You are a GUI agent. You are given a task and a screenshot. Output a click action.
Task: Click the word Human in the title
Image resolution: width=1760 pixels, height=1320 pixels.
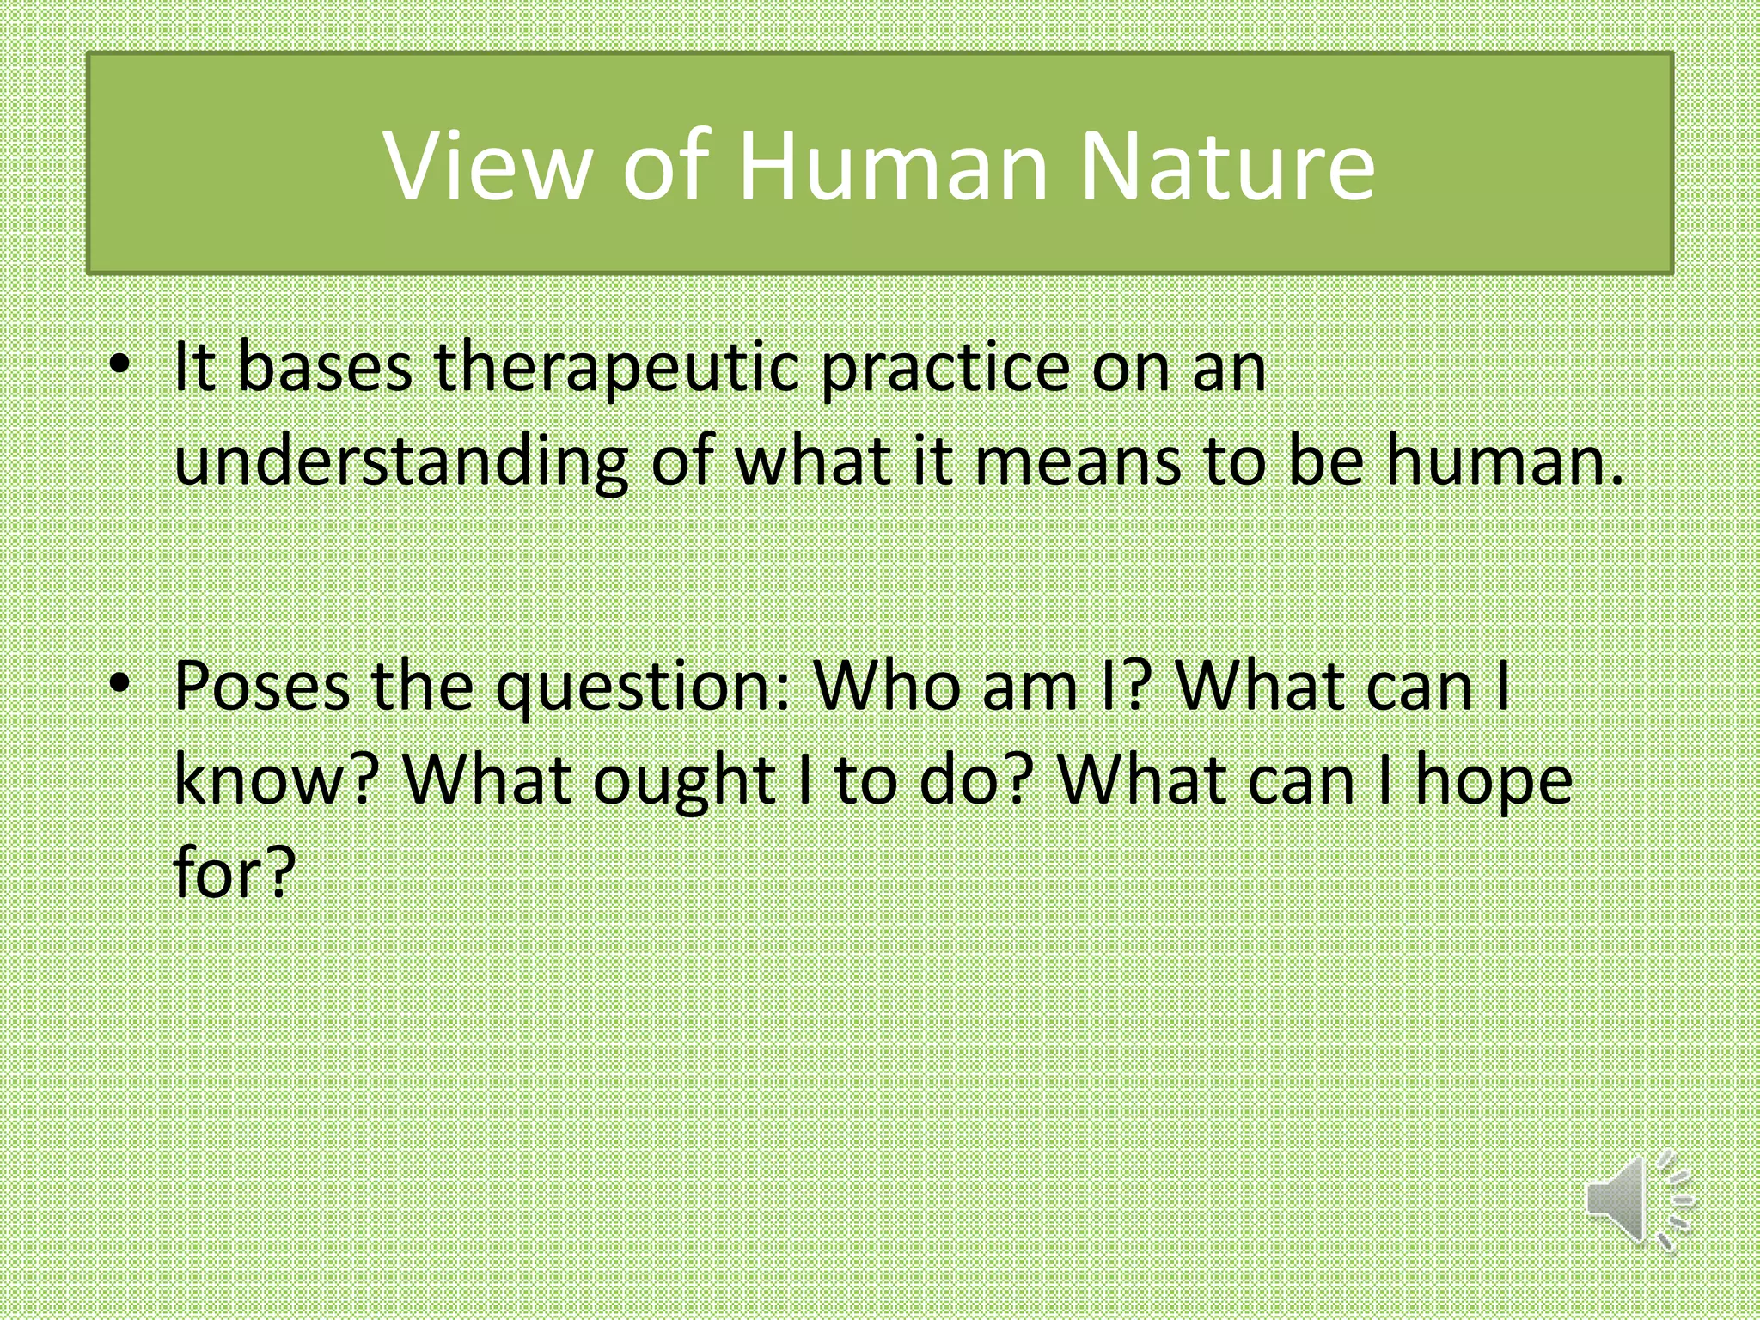[x=892, y=165]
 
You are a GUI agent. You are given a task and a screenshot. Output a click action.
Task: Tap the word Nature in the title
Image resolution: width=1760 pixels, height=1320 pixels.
[x=1226, y=165]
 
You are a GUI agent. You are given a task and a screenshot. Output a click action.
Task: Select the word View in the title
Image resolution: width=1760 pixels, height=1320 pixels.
[x=487, y=165]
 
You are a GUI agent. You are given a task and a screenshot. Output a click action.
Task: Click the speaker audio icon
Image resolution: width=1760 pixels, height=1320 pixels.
[x=1637, y=1200]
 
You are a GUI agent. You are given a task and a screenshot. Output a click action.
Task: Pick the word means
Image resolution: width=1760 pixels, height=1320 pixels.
[x=1078, y=461]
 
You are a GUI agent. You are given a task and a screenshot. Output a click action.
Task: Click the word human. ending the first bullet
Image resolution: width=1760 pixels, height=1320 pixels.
[x=1505, y=461]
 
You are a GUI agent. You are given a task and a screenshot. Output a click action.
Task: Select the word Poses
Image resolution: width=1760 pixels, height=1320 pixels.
[x=262, y=687]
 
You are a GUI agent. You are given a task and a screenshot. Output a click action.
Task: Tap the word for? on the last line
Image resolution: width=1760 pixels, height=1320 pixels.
[x=235, y=872]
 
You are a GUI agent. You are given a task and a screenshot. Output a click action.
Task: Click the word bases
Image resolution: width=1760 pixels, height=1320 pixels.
[x=324, y=368]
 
